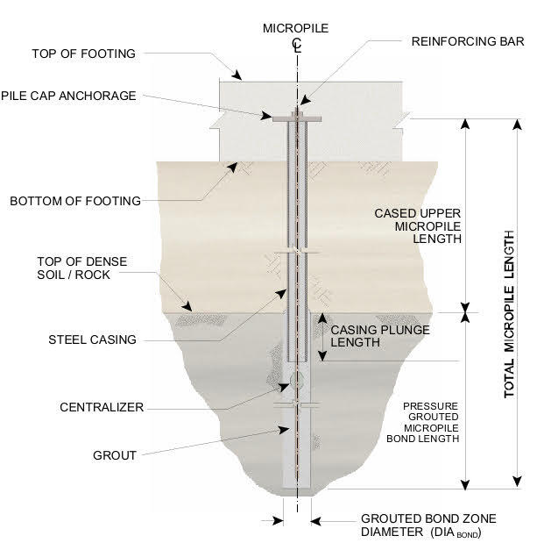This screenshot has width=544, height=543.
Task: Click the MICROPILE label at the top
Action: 296,29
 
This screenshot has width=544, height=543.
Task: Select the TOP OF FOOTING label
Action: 83,54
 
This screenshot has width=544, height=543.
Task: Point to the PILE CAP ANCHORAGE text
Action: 68,96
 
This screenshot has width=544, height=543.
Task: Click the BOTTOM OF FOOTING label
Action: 74,201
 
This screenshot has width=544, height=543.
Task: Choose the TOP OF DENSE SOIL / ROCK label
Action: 81,269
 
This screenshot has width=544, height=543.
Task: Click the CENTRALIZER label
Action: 102,407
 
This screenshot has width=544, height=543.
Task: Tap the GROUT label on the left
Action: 115,455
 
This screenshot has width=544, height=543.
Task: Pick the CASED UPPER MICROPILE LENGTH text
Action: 418,225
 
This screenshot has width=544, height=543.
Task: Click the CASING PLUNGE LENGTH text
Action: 368,336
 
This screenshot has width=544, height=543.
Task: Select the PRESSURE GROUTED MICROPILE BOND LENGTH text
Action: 431,423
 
